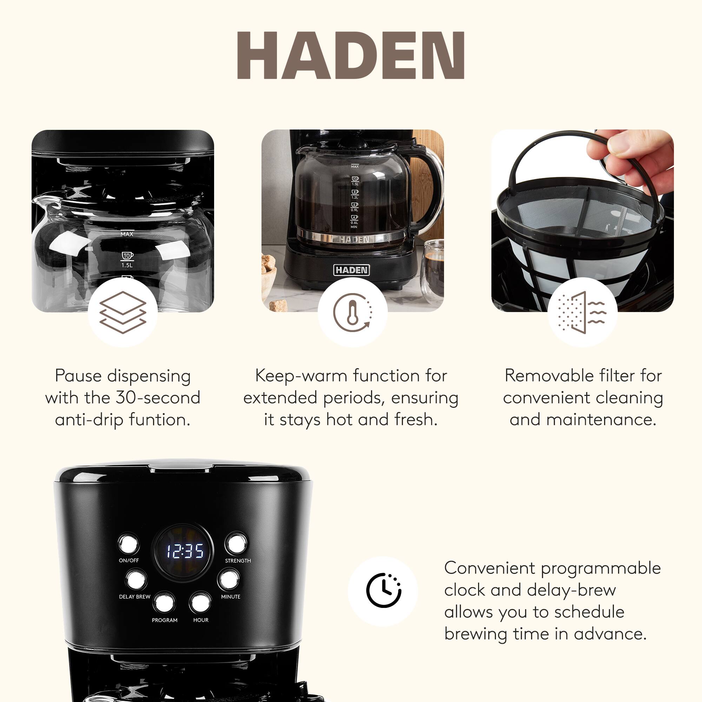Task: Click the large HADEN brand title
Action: click(x=351, y=55)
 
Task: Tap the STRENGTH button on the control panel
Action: click(x=236, y=544)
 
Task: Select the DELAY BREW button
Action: click(x=137, y=579)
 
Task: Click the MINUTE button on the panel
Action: click(x=229, y=579)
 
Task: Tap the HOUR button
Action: click(x=200, y=602)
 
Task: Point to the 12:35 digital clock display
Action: click(x=185, y=551)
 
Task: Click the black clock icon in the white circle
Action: click(x=383, y=590)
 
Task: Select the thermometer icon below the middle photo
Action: click(x=352, y=312)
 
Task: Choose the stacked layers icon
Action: click(x=122, y=312)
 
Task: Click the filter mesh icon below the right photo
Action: click(x=582, y=312)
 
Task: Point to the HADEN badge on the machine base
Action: click(x=351, y=270)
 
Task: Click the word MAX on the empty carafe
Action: click(x=127, y=234)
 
